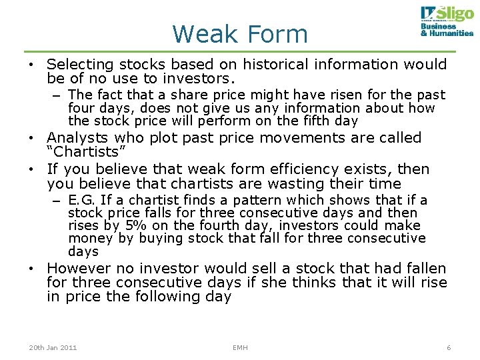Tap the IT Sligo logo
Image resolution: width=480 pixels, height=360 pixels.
click(x=446, y=14)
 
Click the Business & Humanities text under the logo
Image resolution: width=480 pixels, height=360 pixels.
click(x=447, y=30)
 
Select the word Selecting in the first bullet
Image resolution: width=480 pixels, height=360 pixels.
click(x=80, y=65)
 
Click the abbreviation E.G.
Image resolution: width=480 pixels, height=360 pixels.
click(x=82, y=200)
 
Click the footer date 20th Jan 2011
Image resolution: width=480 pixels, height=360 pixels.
click(x=53, y=348)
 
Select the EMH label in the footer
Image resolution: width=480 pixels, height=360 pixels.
click(x=240, y=348)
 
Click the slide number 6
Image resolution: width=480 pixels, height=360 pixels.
click(x=449, y=348)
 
